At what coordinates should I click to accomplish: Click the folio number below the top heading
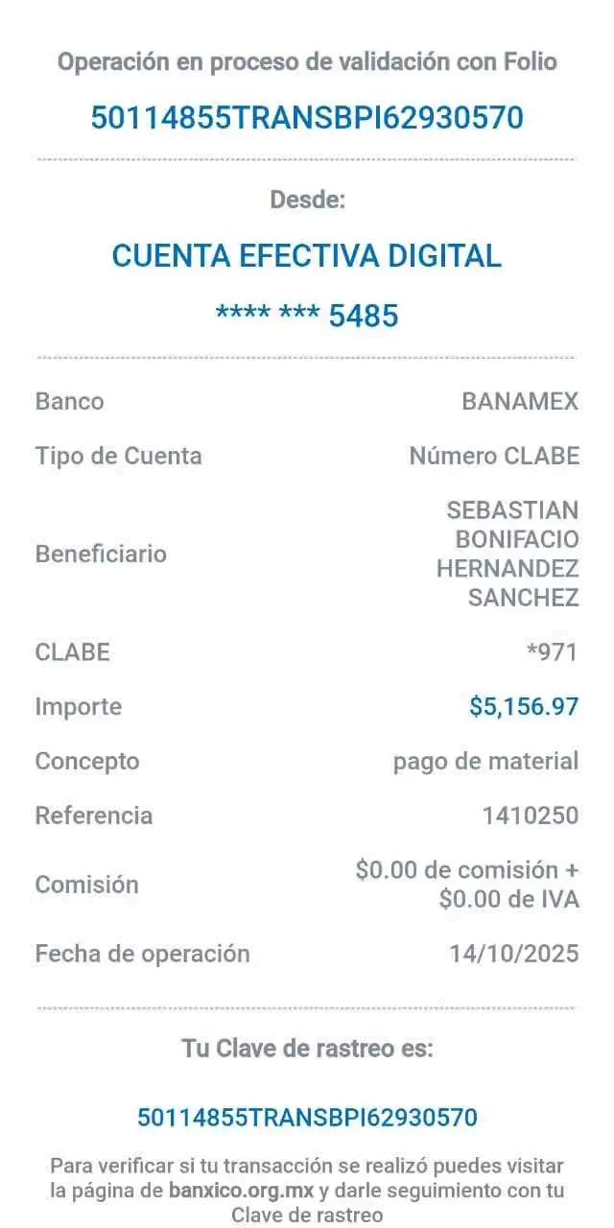[x=307, y=118]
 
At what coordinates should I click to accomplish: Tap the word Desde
[x=308, y=200]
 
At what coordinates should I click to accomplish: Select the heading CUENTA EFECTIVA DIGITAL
[x=307, y=256]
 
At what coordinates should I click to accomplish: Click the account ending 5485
[x=307, y=316]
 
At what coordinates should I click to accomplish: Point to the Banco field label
[x=70, y=401]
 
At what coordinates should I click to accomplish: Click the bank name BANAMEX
[x=520, y=401]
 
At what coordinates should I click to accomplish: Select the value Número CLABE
[x=494, y=456]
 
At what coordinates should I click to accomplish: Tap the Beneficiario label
[x=101, y=554]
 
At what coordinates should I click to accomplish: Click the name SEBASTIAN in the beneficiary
[x=512, y=510]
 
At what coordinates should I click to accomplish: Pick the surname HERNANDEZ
[x=508, y=569]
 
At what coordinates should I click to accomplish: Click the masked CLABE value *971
[x=552, y=652]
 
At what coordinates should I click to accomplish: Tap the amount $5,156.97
[x=524, y=707]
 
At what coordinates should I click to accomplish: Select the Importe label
[x=79, y=707]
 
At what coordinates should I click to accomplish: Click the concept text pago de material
[x=485, y=762]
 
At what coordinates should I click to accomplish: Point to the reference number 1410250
[x=531, y=815]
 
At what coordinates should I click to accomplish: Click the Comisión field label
[x=86, y=885]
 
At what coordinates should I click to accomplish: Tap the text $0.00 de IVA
[x=508, y=899]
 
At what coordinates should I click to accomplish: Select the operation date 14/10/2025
[x=514, y=954]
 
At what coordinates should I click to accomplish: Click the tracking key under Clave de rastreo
[x=307, y=1118]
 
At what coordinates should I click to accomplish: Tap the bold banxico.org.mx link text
[x=241, y=1191]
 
